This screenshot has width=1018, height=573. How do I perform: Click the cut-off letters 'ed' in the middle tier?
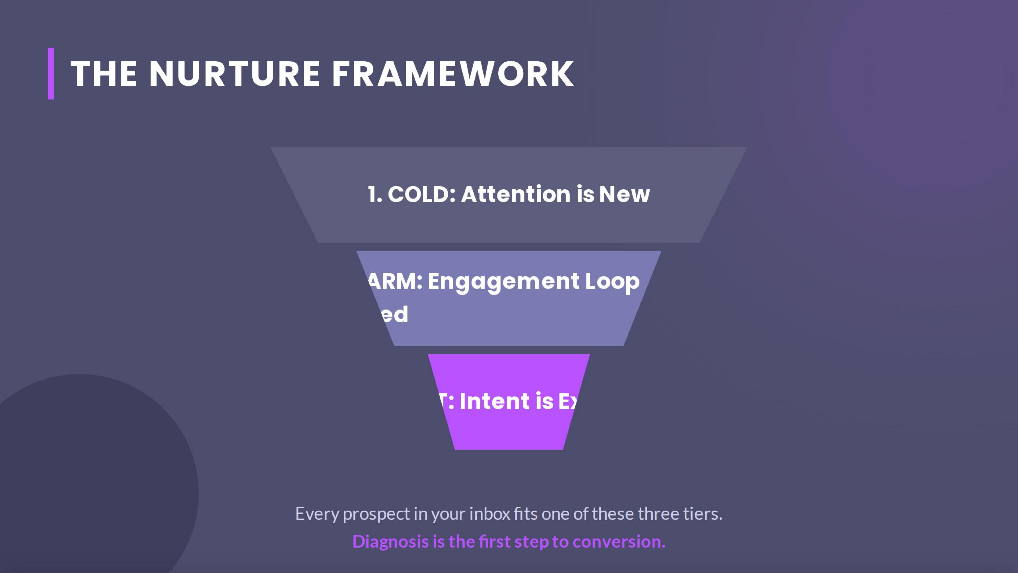click(395, 315)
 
